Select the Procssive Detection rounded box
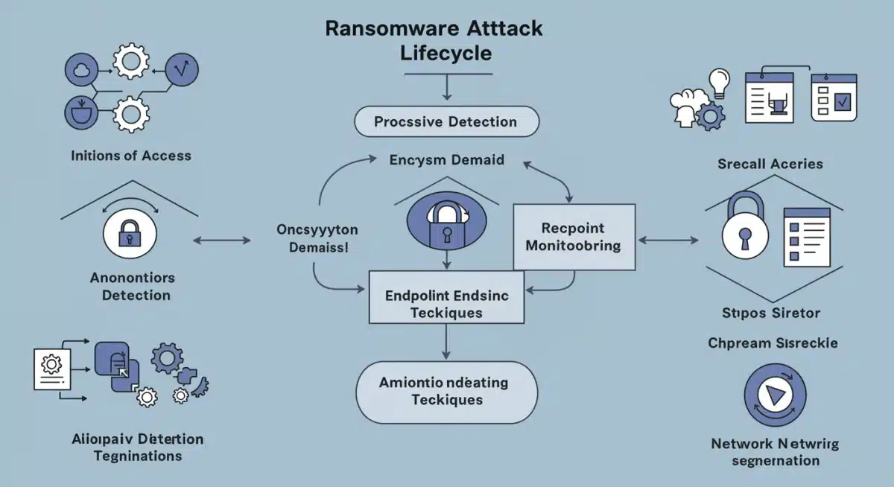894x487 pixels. (x=446, y=121)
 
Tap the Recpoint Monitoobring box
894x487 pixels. (x=574, y=236)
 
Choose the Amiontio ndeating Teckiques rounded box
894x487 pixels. (x=446, y=391)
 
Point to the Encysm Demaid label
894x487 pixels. (x=446, y=160)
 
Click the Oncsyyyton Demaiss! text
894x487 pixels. (x=317, y=238)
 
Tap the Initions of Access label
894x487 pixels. (x=131, y=156)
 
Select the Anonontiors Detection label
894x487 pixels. (x=132, y=286)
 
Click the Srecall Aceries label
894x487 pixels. (x=770, y=163)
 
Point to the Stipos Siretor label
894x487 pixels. (x=770, y=312)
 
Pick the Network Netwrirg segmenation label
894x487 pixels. (x=775, y=452)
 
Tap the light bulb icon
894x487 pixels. (x=719, y=82)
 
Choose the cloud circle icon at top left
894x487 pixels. (x=81, y=71)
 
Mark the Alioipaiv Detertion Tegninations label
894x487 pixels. (x=138, y=447)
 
